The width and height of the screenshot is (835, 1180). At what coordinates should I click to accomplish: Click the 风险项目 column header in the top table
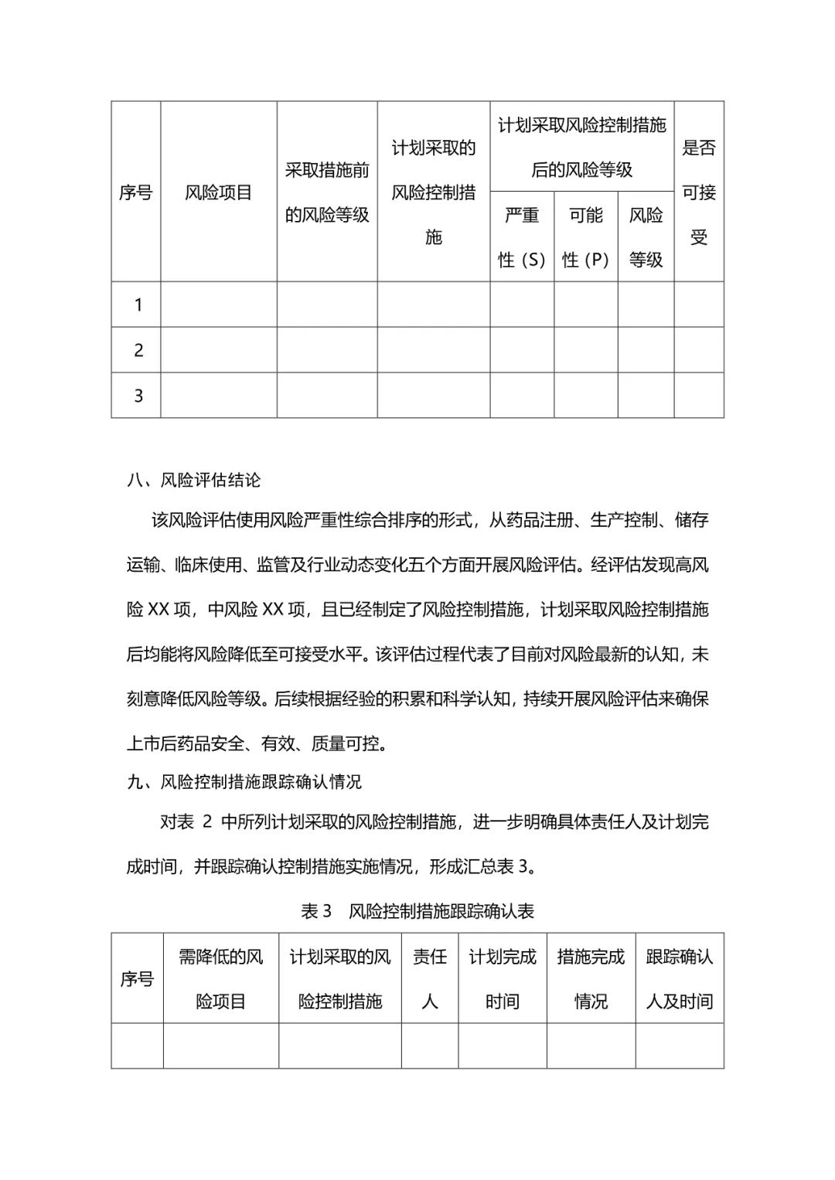(x=219, y=192)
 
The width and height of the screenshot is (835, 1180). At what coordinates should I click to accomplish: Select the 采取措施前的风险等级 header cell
(x=327, y=192)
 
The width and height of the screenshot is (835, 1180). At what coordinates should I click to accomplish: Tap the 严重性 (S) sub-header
(x=522, y=237)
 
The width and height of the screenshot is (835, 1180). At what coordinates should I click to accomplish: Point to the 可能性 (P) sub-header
(x=585, y=237)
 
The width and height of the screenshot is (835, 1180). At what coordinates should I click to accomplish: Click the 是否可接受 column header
(x=699, y=192)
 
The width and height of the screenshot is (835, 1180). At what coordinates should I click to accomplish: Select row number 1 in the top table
(x=138, y=304)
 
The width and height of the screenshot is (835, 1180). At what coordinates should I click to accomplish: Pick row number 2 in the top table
(x=138, y=350)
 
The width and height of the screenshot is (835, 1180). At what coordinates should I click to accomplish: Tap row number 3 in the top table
(x=138, y=396)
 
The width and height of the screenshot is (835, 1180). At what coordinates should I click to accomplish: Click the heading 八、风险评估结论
(x=194, y=480)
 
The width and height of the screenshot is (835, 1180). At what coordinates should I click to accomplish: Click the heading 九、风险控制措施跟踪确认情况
(x=244, y=781)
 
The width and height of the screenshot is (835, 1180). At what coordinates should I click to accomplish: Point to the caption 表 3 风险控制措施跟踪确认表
(x=417, y=911)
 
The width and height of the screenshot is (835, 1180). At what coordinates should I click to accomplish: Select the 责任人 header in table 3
(x=430, y=979)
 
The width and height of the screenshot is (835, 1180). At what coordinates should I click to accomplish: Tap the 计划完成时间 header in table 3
(x=503, y=979)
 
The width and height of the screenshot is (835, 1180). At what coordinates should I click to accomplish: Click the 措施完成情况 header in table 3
(x=591, y=979)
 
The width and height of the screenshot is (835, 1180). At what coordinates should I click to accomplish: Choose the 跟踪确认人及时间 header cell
(x=680, y=979)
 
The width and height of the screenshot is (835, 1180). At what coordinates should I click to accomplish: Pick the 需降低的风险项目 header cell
(x=221, y=979)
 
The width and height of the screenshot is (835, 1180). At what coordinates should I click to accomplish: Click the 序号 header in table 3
(x=137, y=979)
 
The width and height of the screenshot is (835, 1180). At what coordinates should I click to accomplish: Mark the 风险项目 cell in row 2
(x=219, y=350)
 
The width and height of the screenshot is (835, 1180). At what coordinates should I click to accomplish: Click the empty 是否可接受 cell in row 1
(x=699, y=304)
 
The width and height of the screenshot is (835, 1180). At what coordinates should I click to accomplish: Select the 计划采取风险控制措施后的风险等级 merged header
(x=581, y=147)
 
